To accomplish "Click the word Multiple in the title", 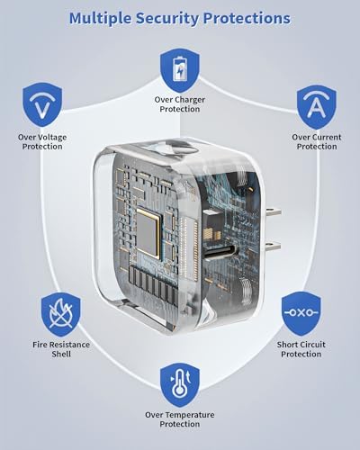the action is (101, 19).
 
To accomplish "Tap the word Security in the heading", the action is (167, 19).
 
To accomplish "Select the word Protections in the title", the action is (247, 19).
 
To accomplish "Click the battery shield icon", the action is (180, 71).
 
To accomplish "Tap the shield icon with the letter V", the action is (42, 105).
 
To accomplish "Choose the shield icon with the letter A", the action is (317, 107).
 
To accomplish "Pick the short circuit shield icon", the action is (301, 313).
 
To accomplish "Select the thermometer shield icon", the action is (180, 385).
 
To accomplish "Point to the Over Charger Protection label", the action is (180, 104).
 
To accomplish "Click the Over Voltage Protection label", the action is (42, 142).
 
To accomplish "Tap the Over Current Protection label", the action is (317, 142).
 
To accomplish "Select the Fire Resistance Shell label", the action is (61, 349).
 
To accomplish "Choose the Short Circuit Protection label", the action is (301, 349).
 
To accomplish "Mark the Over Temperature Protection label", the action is (180, 419).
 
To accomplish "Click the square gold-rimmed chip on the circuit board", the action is (148, 233).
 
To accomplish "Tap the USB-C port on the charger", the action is (221, 252).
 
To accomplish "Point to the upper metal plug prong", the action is (272, 212).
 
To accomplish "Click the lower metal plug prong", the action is (272, 247).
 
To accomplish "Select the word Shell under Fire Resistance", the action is (61, 354).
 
